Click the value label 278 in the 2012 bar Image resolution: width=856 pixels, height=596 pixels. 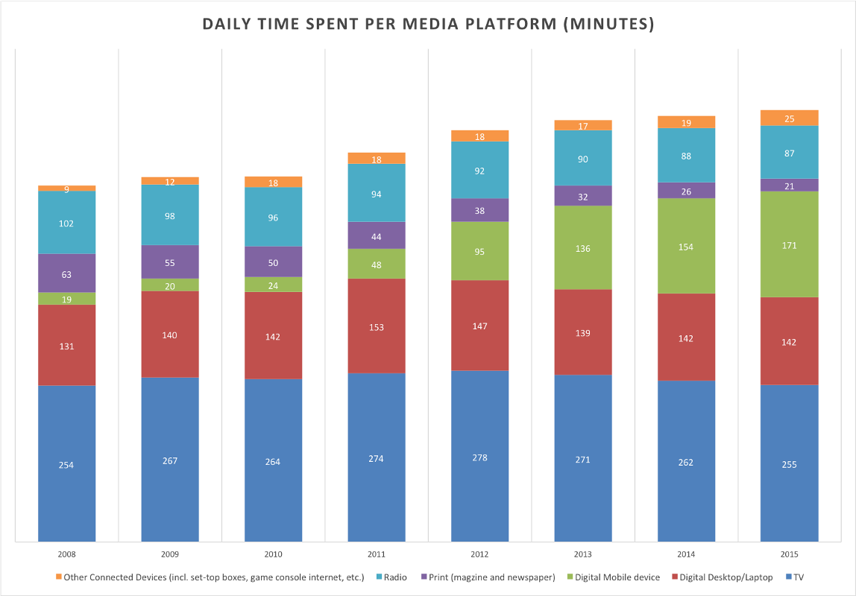pyautogui.click(x=479, y=457)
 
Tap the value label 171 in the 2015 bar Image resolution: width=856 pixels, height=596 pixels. pyautogui.click(x=790, y=246)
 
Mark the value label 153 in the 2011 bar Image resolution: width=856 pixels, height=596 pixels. pyautogui.click(x=377, y=327)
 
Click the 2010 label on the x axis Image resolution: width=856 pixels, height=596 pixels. pyautogui.click(x=273, y=555)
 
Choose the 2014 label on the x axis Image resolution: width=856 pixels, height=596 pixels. pyautogui.click(x=686, y=555)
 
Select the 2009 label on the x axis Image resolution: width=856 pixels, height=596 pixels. pyautogui.click(x=170, y=555)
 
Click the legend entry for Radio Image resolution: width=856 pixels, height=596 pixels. pyautogui.click(x=393, y=577)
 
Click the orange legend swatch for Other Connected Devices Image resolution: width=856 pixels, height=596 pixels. pyautogui.click(x=58, y=577)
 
